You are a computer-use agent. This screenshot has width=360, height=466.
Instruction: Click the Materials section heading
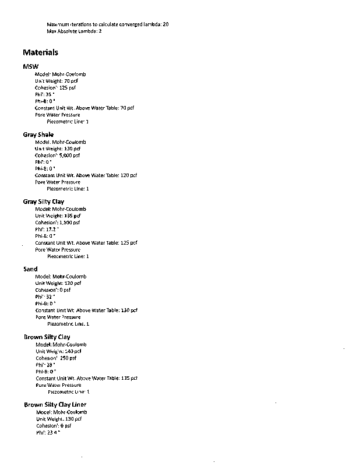(41, 52)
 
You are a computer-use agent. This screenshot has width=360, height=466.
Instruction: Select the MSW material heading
(31, 67)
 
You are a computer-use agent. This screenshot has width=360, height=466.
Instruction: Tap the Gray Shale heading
(38, 135)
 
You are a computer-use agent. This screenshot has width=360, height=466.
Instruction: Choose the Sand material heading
(30, 269)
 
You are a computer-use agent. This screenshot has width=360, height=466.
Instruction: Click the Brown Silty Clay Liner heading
(55, 404)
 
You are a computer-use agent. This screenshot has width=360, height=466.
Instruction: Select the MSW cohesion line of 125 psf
(55, 87)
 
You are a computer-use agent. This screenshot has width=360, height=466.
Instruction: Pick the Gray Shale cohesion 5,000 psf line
(58, 155)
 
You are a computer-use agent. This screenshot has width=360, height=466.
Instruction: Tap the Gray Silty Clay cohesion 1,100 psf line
(58, 223)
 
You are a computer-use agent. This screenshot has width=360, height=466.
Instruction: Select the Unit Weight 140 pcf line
(58, 351)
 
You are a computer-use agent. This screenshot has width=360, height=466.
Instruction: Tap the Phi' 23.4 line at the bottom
(48, 432)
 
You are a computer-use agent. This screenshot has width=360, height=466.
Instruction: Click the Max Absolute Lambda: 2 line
(74, 31)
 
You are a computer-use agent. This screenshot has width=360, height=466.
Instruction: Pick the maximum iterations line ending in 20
(108, 24)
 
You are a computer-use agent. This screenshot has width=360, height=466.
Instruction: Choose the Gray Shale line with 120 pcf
(86, 175)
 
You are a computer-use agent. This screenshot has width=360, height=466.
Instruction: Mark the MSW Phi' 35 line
(45, 94)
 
